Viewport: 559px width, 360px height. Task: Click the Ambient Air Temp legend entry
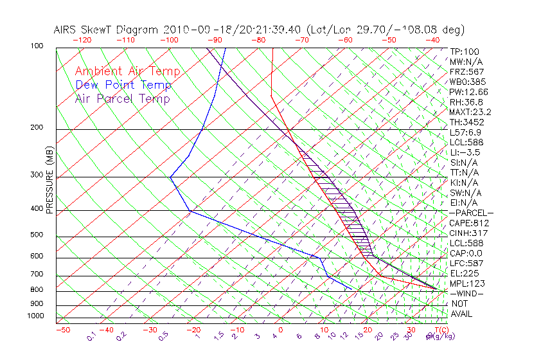pos(127,71)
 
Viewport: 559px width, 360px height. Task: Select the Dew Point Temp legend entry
pos(123,85)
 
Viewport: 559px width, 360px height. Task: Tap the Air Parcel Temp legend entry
pos(122,98)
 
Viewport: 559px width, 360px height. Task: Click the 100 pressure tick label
pos(36,46)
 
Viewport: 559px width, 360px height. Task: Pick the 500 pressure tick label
pos(36,235)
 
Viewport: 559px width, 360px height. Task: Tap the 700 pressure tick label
pos(36,274)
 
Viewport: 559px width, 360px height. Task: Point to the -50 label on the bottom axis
pos(62,330)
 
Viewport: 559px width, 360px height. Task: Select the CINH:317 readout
pos(467,233)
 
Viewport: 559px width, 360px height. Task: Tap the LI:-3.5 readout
pos(465,152)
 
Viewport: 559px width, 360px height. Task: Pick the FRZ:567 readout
pos(467,71)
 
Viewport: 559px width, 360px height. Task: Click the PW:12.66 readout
pos(469,92)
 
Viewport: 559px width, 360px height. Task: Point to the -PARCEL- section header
pos(471,213)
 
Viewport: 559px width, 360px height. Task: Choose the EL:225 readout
pos(464,273)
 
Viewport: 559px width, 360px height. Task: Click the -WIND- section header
pos(467,293)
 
